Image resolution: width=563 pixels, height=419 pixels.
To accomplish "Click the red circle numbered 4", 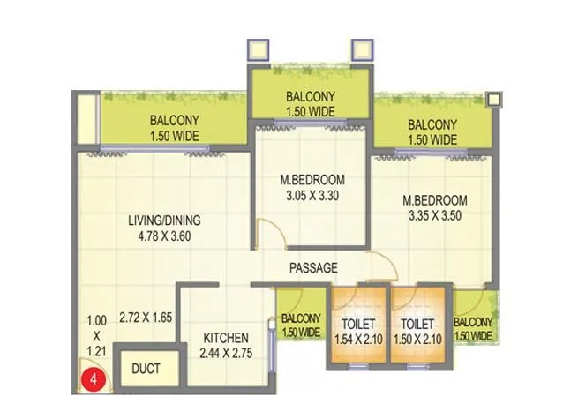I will click(90, 382).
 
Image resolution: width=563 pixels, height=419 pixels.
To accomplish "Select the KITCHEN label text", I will click(227, 338).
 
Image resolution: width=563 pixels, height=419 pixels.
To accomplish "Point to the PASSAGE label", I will click(313, 268).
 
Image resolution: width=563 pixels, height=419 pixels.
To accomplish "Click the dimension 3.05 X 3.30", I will click(310, 196).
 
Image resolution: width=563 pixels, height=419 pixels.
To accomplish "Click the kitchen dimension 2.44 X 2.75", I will click(226, 354).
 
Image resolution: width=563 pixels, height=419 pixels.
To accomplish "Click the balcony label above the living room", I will click(175, 128).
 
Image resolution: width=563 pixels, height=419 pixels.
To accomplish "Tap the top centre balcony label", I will click(310, 104).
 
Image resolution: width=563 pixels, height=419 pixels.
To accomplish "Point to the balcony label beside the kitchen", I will click(300, 325).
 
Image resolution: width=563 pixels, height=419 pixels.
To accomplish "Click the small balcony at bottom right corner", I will click(474, 328).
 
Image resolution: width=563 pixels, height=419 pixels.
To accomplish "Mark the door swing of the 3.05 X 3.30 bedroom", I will click(267, 234).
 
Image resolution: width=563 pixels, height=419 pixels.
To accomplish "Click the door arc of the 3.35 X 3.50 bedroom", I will click(381, 262).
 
